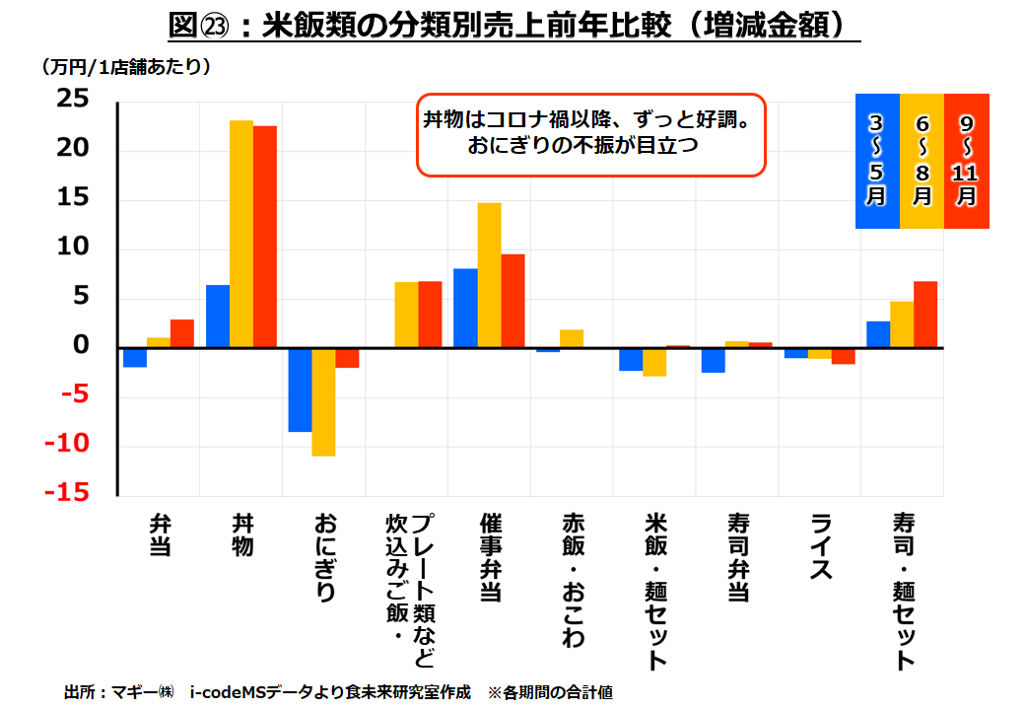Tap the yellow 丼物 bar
241,234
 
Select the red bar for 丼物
265,237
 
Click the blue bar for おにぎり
300,390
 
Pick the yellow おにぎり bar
323,401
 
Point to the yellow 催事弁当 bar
489,275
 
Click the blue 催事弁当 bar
465,308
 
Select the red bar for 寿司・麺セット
925,315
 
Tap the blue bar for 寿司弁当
713,360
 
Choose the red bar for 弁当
182,333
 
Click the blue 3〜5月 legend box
876,161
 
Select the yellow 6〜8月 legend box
922,161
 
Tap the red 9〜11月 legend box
967,161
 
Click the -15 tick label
65,493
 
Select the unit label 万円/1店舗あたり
125,68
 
